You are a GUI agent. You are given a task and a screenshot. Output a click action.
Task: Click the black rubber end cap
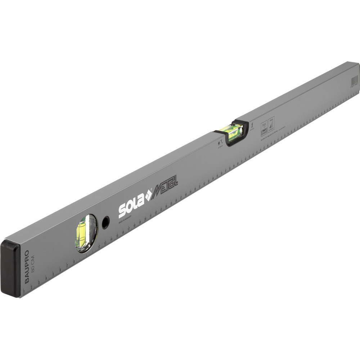(x=11, y=268)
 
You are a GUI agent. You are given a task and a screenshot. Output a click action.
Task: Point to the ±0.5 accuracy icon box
(x=264, y=128)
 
